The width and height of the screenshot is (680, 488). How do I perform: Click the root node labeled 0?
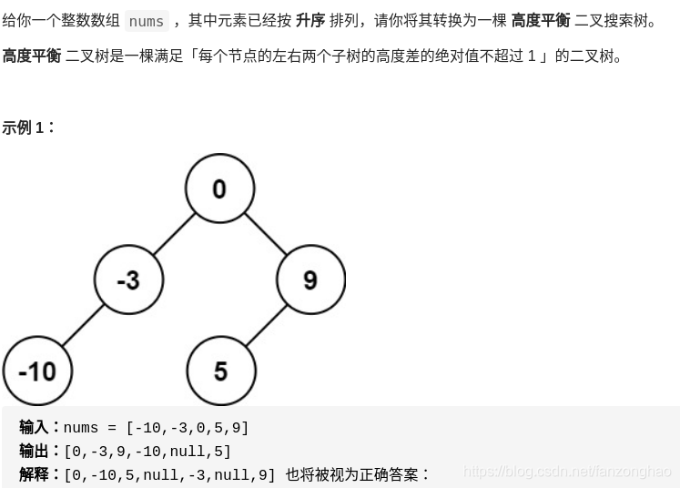[x=218, y=188]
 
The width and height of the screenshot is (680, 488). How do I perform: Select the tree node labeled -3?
[x=128, y=280]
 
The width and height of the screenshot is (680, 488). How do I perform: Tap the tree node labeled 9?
[x=310, y=280]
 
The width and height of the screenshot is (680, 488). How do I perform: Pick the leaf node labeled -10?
[x=36, y=371]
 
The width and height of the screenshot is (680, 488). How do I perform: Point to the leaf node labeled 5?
[x=220, y=371]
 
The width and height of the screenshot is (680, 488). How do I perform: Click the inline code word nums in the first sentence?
[x=147, y=21]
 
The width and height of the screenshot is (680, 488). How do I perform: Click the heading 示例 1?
[x=28, y=127]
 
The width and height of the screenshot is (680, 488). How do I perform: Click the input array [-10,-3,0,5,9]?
[x=188, y=428]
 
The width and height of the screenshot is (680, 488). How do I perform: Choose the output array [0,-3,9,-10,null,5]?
[x=147, y=452]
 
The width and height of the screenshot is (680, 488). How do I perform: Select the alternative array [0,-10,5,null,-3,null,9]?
[x=169, y=475]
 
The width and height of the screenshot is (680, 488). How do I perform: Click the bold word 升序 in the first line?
[x=310, y=21]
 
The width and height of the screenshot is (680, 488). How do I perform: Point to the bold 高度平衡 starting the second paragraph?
[x=32, y=56]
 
